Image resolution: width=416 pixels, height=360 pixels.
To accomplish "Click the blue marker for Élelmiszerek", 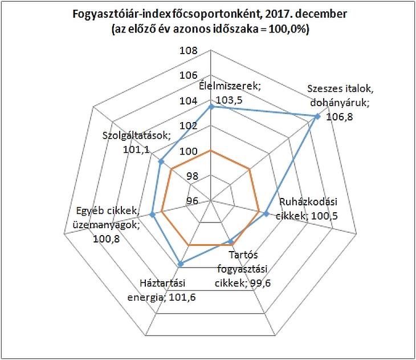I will tap(211, 107).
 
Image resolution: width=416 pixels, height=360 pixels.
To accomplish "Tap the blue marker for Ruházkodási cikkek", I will tap(266, 213).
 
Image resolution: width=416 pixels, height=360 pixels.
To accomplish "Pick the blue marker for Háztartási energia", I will tap(181, 264).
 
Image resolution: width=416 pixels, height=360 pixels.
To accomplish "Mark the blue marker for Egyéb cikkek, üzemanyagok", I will tap(153, 215).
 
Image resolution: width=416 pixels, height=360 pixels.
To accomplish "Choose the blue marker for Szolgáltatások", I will tap(161, 163).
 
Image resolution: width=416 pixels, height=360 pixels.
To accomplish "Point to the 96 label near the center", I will tap(192, 200).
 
